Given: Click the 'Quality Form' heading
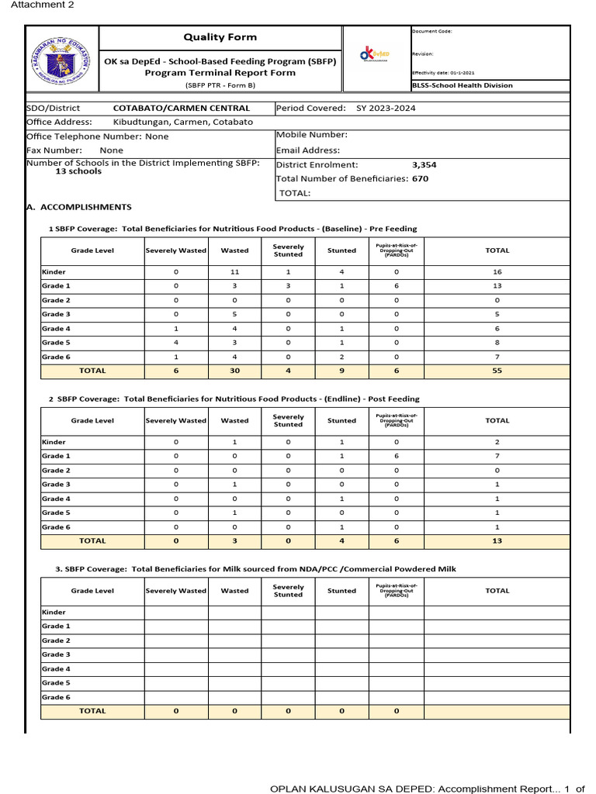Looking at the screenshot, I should tap(220, 37).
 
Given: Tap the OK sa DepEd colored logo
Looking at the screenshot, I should tap(375, 55).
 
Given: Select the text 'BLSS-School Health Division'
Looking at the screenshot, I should tap(462, 85).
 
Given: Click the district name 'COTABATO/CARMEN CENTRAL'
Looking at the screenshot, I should tap(182, 109).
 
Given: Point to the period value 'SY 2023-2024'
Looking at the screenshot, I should tap(386, 109).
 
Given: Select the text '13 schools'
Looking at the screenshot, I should tap(78, 171).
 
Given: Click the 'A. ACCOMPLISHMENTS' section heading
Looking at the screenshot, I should tap(79, 207).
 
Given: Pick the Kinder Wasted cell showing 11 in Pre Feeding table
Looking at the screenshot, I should tap(234, 272).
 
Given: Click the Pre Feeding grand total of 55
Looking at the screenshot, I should tap(497, 371).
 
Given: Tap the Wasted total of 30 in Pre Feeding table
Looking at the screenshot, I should tap(234, 371).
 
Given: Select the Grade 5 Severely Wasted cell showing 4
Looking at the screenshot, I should tap(176, 343).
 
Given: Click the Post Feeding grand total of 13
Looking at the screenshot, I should tap(497, 540).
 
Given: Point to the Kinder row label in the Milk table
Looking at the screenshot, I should tap(54, 612).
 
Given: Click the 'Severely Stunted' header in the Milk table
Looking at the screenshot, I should tap(288, 591).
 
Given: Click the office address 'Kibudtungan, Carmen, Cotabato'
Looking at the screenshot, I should tap(183, 122).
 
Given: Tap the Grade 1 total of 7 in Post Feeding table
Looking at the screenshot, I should tap(497, 456).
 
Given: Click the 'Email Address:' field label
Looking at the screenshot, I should tap(308, 150).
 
